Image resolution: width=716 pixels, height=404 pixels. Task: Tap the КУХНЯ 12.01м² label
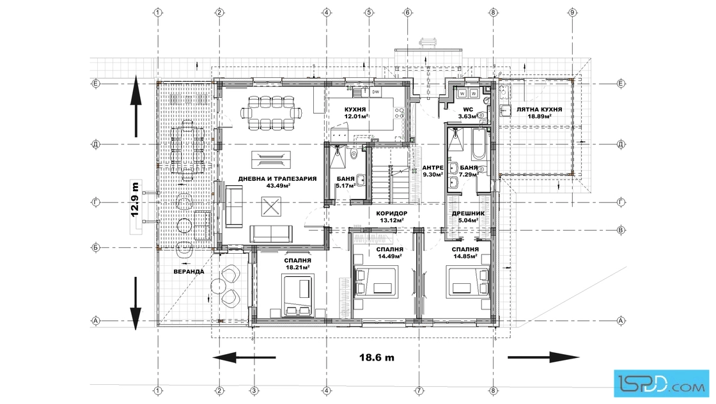(355, 113)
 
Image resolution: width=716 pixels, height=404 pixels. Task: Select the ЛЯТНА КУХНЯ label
(540, 109)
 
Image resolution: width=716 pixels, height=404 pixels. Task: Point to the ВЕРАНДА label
(189, 272)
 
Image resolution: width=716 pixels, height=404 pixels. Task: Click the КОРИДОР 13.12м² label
(392, 217)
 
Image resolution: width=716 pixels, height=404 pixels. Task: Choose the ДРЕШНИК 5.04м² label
(468, 217)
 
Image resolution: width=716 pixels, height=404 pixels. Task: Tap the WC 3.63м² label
(467, 113)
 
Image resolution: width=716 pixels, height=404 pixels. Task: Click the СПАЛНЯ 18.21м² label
(297, 264)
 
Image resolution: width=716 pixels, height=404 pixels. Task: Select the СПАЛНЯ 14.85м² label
(465, 253)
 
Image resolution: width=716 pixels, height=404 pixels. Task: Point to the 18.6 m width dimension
(377, 357)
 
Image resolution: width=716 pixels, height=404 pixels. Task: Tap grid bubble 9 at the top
(572, 12)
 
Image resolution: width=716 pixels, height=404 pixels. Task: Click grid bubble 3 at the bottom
(254, 391)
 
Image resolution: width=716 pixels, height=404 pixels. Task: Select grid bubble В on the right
(621, 230)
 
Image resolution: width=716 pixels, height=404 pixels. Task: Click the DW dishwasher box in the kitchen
(376, 92)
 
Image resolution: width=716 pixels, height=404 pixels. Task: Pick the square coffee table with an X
(271, 206)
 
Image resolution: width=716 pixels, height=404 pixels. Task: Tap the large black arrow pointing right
(544, 357)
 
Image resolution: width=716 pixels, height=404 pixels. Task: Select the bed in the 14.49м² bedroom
(377, 282)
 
